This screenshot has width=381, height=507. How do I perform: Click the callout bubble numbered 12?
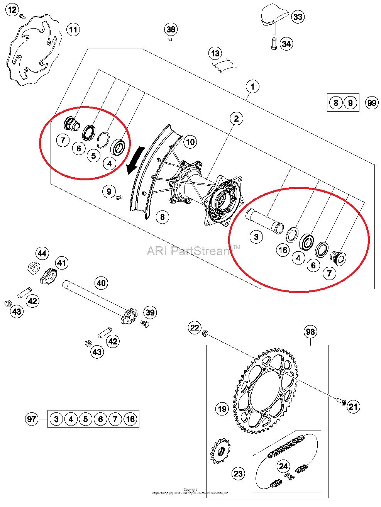coord(12,10)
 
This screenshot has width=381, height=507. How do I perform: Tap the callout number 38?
coord(171,29)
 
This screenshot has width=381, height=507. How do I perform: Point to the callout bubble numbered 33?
coord(298,17)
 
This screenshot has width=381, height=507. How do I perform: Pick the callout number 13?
coord(215,54)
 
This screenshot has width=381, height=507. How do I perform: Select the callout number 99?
coord(371,103)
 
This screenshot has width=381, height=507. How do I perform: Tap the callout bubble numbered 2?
coord(236,119)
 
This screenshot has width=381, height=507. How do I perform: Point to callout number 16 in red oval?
coord(283,250)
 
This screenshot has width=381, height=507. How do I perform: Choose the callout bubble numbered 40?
coord(101,283)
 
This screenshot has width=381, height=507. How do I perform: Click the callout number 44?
coord(42,253)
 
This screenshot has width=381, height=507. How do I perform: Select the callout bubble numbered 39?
coord(150,312)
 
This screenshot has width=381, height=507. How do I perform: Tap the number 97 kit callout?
coord(32,419)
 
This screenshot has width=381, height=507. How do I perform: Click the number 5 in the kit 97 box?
coord(85,419)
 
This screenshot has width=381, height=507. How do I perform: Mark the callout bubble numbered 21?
coord(353,407)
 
